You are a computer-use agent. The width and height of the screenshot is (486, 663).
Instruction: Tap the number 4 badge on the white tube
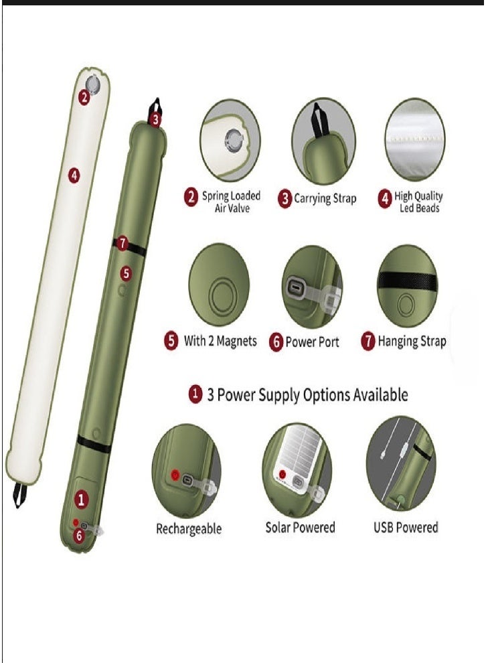(74, 175)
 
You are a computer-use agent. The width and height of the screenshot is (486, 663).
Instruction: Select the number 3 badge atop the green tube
(155, 120)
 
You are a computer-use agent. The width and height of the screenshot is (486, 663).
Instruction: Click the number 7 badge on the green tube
(122, 244)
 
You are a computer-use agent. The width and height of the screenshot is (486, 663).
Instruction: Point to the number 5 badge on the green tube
(127, 273)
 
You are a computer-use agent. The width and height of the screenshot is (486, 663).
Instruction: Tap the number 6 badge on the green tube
(80, 535)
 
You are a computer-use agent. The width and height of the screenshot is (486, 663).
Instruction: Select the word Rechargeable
(189, 528)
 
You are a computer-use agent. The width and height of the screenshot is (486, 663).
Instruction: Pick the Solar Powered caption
(300, 527)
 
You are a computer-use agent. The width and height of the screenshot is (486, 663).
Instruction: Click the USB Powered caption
(406, 527)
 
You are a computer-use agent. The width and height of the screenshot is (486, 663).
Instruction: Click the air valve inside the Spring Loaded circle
(234, 139)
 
